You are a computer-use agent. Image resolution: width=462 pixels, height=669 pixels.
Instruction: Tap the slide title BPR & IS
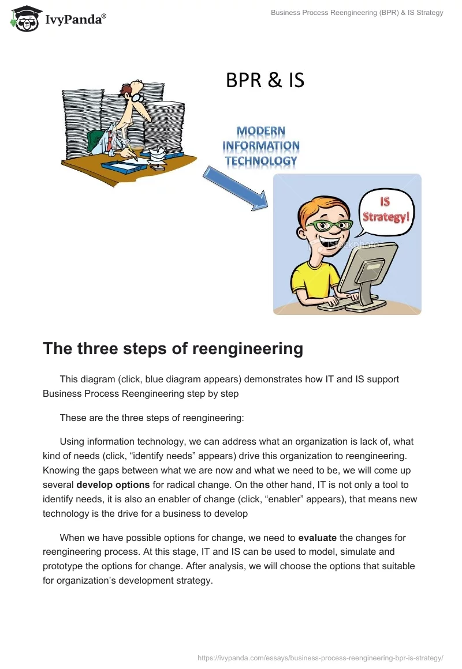pyautogui.click(x=264, y=80)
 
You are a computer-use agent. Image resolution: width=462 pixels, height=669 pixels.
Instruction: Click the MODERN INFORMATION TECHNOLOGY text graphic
pyautogui.click(x=261, y=146)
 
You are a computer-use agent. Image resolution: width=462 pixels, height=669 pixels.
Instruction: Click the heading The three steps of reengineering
pyautogui.click(x=173, y=349)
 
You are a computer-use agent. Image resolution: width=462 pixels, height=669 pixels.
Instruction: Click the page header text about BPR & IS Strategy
pyautogui.click(x=357, y=13)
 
